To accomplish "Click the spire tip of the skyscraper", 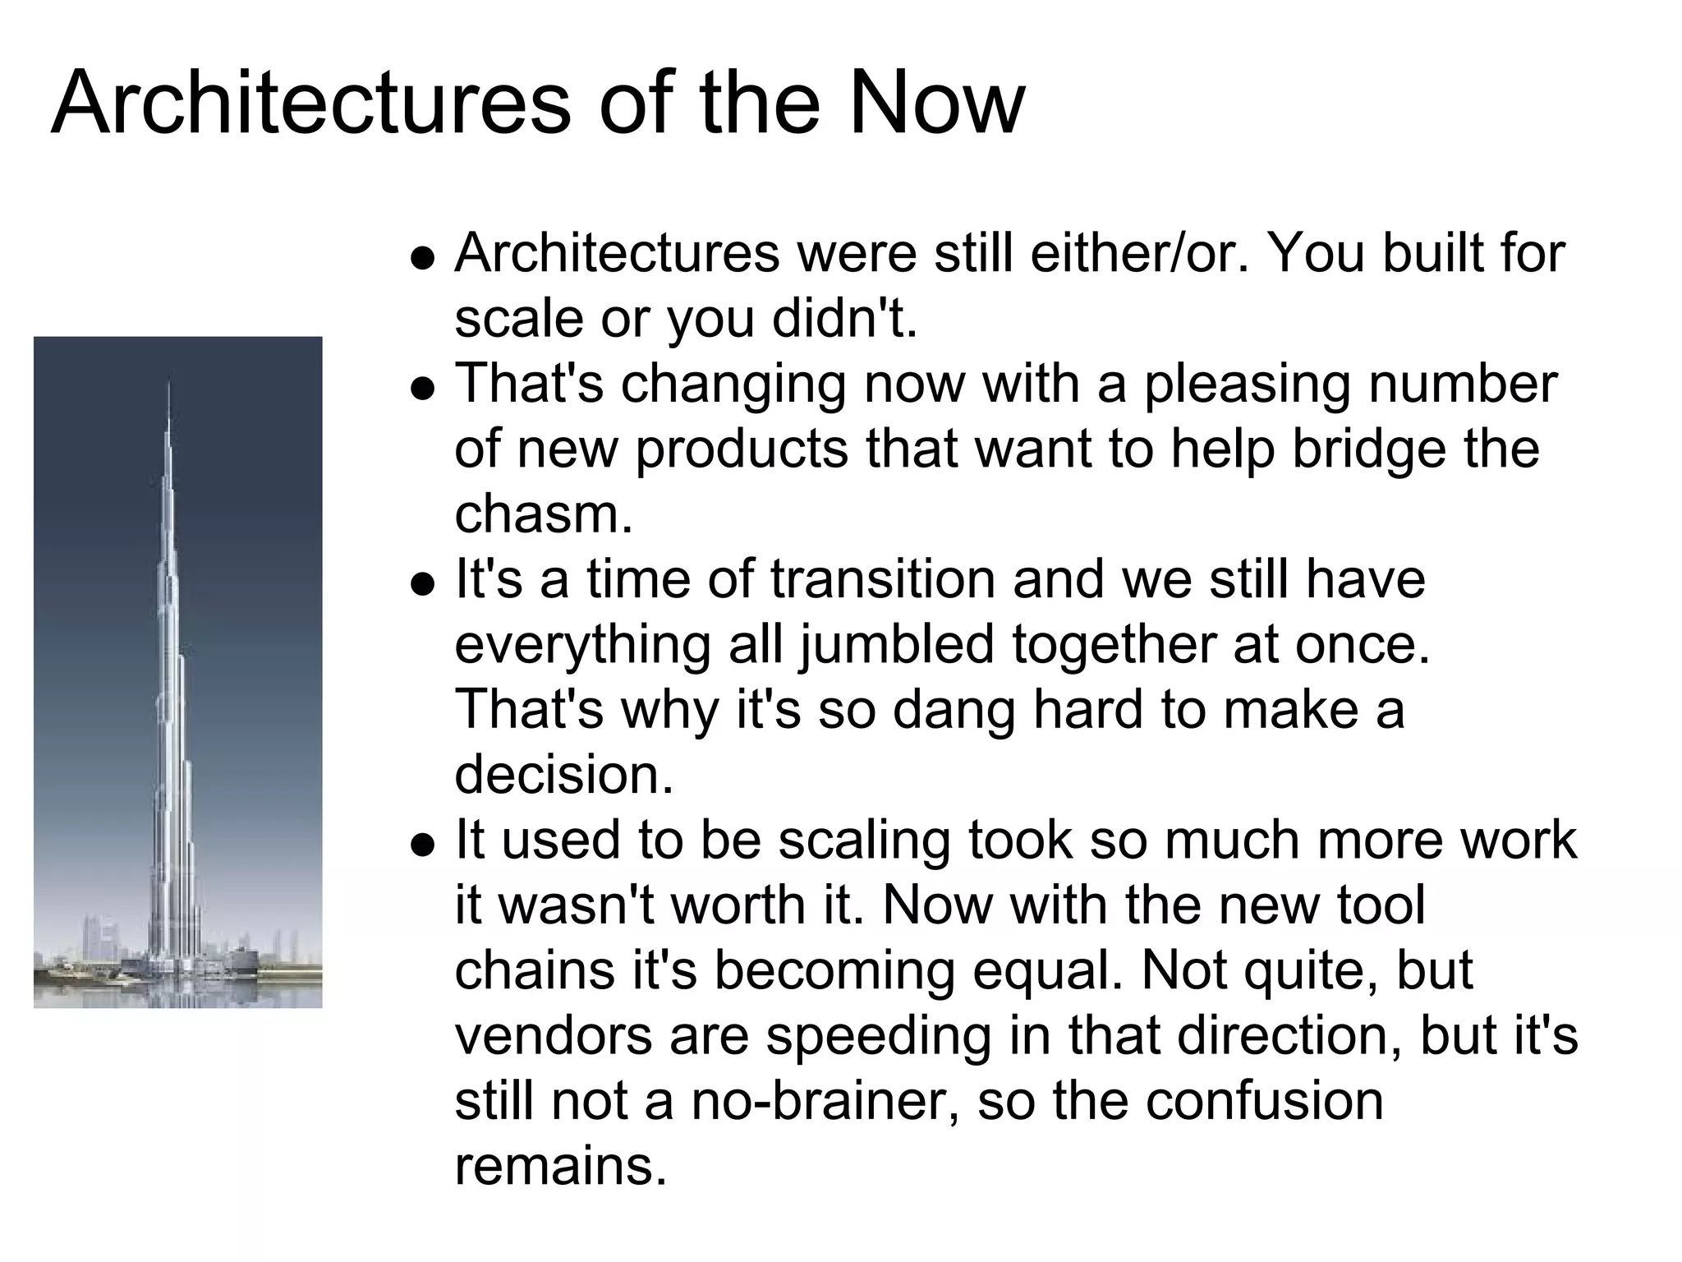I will point(169,383).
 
